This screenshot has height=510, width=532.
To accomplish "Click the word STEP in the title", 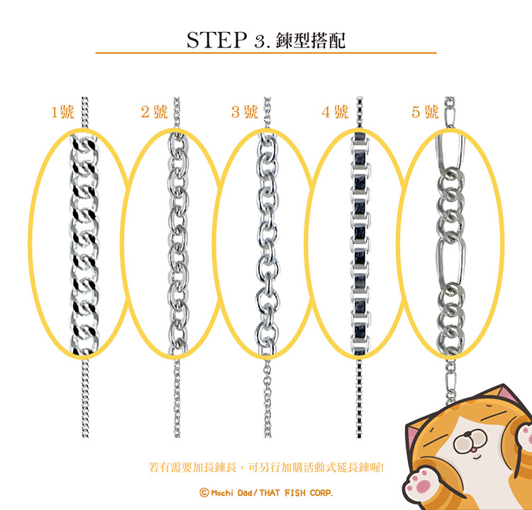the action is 217,40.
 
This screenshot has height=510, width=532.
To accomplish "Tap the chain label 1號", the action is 62,112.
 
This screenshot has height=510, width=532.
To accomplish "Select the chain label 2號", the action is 155,112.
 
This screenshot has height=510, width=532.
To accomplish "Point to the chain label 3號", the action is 245,112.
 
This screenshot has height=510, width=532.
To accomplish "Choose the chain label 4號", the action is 335,112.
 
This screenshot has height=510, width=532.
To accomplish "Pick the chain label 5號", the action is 425,112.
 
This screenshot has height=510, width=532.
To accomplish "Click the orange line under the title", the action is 266,53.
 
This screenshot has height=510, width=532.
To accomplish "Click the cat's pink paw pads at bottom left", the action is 419,483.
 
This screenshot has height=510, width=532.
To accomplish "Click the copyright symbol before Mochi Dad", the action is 204,492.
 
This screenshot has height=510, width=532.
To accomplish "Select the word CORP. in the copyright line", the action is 321,493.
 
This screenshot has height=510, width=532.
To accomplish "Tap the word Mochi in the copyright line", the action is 223,492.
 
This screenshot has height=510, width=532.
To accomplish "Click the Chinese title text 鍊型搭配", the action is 311,40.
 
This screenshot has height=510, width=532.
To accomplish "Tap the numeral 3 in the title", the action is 260,42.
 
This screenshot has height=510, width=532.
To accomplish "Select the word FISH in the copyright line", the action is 295,493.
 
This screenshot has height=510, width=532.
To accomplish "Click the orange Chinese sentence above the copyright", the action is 266,467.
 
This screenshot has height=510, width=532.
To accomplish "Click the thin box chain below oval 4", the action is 360,399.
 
